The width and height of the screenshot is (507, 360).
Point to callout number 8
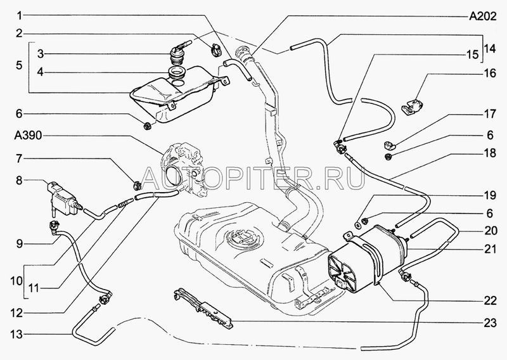point(19,181)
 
